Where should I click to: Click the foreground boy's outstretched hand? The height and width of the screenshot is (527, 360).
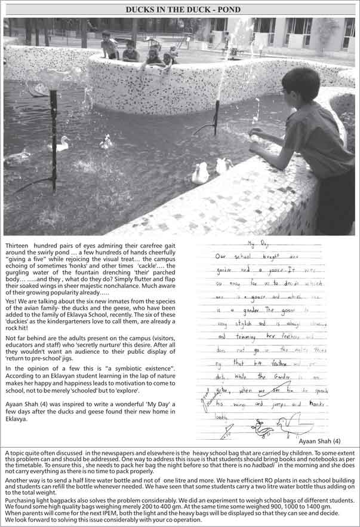pyautogui.click(x=256, y=132)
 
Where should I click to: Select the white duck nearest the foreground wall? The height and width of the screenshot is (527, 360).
pyautogui.click(x=201, y=173)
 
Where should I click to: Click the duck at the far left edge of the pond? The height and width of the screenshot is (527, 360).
pyautogui.click(x=17, y=157)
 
